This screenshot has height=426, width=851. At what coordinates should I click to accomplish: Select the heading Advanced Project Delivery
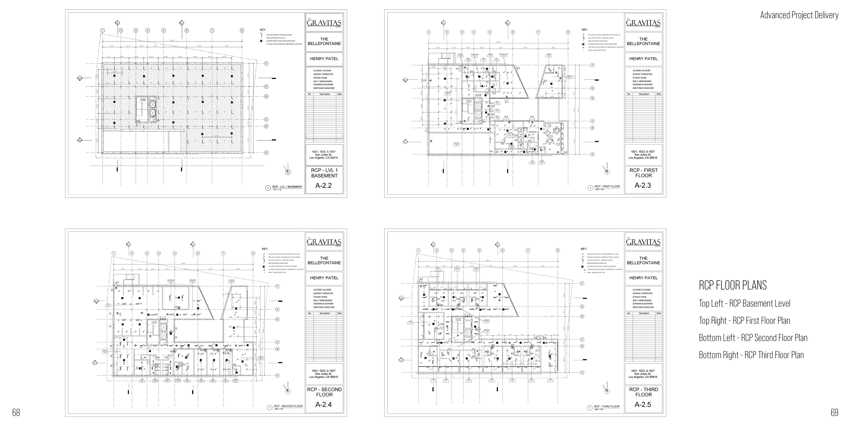pos(799,15)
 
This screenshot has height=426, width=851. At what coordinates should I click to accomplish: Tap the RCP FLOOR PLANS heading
pos(732,285)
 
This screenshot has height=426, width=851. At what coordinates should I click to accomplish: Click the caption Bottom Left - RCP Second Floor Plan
pos(753,338)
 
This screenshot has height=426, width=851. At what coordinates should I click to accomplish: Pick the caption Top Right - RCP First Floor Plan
pos(744,320)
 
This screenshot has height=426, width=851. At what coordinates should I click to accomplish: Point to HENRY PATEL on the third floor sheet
pos(643,278)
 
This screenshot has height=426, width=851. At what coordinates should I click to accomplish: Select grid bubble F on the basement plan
pos(266,63)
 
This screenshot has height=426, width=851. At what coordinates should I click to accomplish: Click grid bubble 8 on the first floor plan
pos(568,32)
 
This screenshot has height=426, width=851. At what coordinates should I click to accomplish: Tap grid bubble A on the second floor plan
pos(277,375)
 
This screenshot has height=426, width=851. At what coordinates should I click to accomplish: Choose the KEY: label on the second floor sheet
pos(265,249)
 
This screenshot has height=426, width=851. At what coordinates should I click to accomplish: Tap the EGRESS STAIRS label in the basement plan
pos(143,100)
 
